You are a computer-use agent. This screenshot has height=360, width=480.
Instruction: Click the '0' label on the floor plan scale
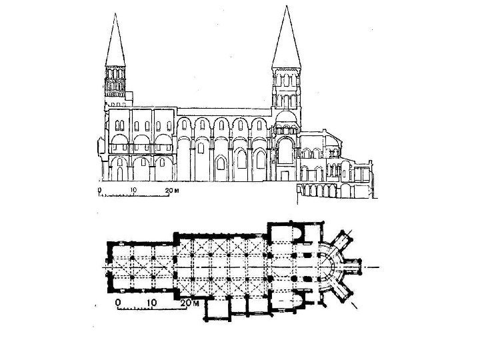118,302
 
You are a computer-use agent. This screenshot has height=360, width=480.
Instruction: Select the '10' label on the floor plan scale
152,302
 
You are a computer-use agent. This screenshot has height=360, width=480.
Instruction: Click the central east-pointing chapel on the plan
355,267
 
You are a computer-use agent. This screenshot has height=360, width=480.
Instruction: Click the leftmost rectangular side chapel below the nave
215,308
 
